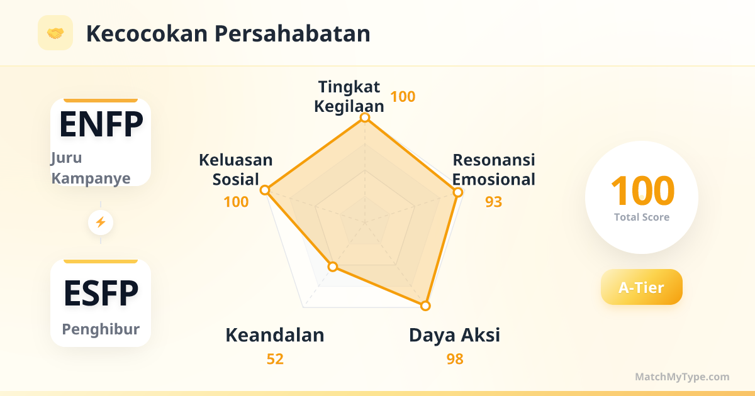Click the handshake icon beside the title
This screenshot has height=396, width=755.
[x=55, y=33]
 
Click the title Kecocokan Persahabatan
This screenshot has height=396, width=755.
[x=228, y=34]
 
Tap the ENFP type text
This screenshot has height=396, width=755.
[x=101, y=124]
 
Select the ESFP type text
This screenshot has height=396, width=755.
[x=101, y=294]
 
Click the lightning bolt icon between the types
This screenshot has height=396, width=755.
[x=101, y=223]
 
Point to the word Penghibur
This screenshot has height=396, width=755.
[x=101, y=329]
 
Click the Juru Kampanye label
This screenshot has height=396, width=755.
[x=91, y=168]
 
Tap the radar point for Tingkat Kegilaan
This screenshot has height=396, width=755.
[x=365, y=118]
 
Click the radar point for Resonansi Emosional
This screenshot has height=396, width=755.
[x=458, y=192]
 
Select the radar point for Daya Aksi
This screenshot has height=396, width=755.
[x=425, y=305]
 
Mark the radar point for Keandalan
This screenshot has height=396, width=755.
[x=333, y=267]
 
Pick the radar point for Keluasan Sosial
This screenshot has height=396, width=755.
[x=265, y=190]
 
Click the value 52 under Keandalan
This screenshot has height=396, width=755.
[x=275, y=360]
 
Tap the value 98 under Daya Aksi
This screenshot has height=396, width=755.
[x=455, y=360]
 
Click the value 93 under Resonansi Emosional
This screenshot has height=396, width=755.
[x=493, y=202]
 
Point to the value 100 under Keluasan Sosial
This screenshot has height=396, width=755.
[x=236, y=202]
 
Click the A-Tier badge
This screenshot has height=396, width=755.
[x=641, y=287]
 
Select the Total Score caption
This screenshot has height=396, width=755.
[x=642, y=217]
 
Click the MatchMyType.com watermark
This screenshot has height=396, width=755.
[x=682, y=377]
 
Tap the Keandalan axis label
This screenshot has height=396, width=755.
[x=275, y=336]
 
